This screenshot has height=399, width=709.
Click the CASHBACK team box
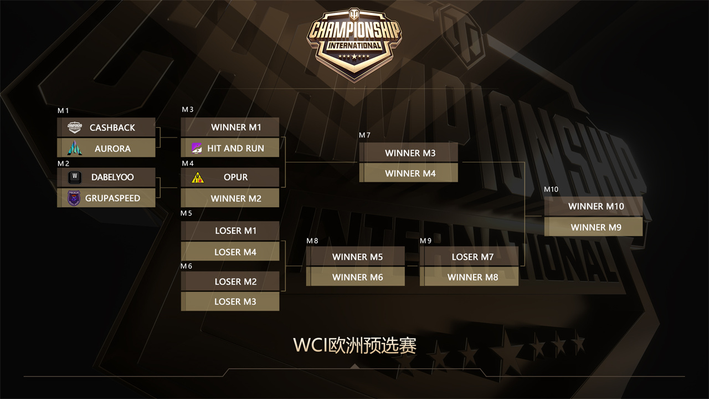coord(106,127)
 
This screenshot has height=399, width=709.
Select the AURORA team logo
coord(75,148)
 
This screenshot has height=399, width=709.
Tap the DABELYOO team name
coord(112,177)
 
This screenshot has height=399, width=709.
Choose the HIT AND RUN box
coord(230,148)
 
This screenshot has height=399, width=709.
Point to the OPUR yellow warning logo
coord(197,177)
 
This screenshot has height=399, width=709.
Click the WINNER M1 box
coord(230,127)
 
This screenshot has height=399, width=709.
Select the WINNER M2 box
coord(230,198)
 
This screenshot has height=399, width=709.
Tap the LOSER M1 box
coord(230,231)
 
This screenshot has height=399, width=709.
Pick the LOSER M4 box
coord(230,252)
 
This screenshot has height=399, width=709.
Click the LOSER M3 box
coord(230,301)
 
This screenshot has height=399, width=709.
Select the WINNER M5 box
coord(356,257)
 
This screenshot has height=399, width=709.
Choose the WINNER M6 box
coord(356,277)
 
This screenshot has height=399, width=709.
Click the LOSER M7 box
coord(469,257)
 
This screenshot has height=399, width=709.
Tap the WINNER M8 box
coord(469,277)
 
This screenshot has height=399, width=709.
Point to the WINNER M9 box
coord(593,227)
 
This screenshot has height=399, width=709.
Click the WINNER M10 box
coord(593,206)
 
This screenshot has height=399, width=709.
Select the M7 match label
coord(364,135)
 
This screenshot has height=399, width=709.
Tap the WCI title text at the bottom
coord(354,345)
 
